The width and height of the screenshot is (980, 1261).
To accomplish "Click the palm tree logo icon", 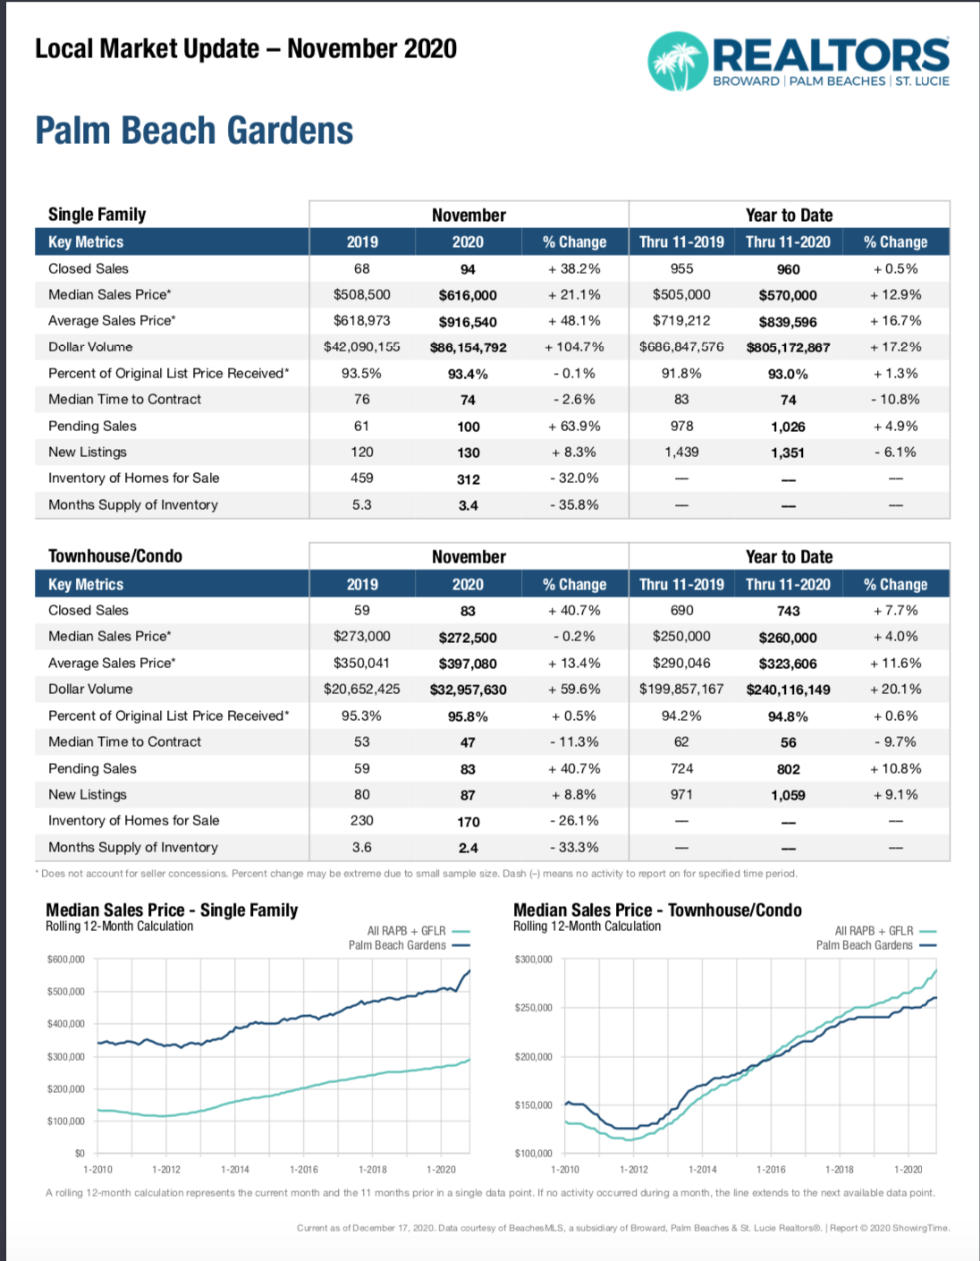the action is (x=678, y=62).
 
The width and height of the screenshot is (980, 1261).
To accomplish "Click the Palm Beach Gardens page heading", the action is (x=194, y=130).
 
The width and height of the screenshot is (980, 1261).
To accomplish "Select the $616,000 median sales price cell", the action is (x=468, y=295).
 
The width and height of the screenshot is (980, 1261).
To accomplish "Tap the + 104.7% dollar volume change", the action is (x=574, y=347).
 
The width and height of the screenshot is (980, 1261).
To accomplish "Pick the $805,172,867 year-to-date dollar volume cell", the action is (x=788, y=348).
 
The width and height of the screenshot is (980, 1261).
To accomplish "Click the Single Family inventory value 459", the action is (x=361, y=478).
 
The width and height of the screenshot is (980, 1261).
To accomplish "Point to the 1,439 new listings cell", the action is (x=681, y=452).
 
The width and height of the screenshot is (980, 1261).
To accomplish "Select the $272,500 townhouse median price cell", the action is (x=468, y=638).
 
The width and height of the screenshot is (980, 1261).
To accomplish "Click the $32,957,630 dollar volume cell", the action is (x=468, y=690).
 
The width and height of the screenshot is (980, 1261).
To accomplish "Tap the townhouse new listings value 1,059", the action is (x=788, y=795).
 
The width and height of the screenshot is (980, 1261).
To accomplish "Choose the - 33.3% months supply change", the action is (x=574, y=847).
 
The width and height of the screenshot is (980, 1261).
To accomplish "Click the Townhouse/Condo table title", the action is (x=114, y=556).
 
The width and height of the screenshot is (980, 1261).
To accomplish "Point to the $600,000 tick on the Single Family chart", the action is (x=65, y=960).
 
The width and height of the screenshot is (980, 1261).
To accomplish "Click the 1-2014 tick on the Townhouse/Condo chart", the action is (x=702, y=1169).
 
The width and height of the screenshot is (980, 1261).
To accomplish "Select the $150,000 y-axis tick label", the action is (x=533, y=1104).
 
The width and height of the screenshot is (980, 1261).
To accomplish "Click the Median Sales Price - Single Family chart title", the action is (x=172, y=910).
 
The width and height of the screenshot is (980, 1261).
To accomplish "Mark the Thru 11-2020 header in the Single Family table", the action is (x=788, y=242).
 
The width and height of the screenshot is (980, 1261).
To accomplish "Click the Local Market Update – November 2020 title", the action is (x=246, y=49).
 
